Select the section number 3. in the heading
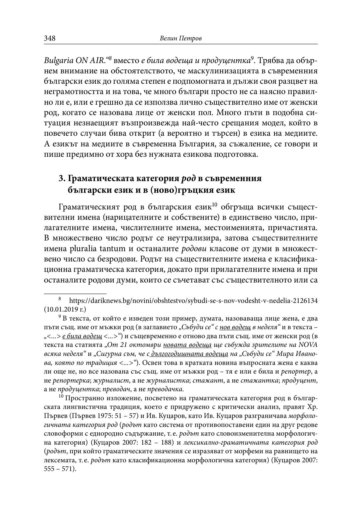point(62,178)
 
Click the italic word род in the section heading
point(188,178)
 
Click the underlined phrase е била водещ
point(82,331)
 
